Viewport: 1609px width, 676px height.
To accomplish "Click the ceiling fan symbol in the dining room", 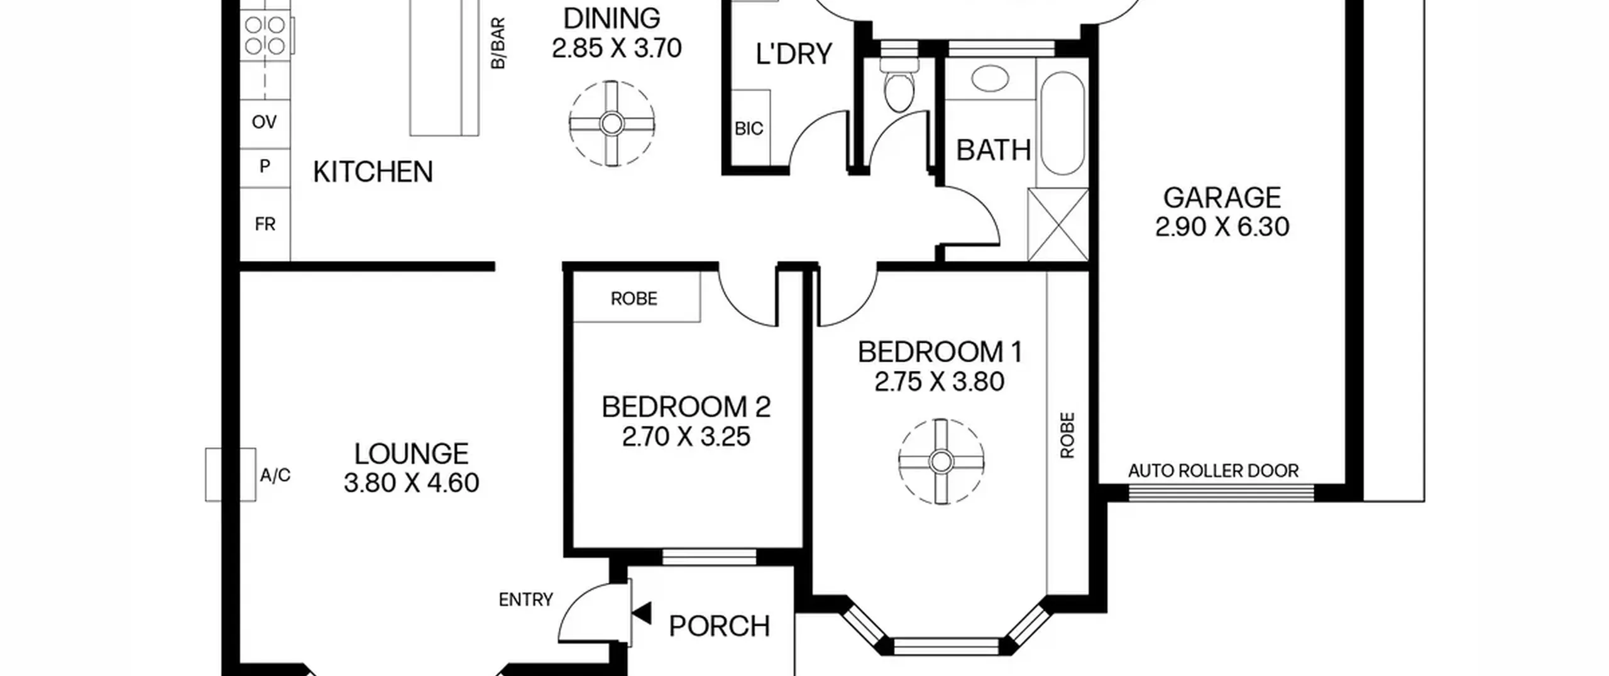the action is tap(612, 124).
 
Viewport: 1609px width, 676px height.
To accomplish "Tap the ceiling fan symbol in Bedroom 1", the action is tap(941, 462).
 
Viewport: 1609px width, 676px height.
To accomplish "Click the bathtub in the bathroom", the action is tap(1063, 123).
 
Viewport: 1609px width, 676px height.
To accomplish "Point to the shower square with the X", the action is tap(1058, 224).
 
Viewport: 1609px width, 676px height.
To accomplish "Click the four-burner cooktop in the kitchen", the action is tap(265, 35).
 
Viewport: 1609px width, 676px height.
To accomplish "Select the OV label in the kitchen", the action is tap(264, 122).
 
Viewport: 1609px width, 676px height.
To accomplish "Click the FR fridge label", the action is tap(265, 224).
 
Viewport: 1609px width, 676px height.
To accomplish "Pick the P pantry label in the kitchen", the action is tap(265, 166).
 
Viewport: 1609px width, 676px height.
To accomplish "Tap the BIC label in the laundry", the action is tap(749, 129).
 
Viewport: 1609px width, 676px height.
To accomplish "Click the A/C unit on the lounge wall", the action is tap(230, 474).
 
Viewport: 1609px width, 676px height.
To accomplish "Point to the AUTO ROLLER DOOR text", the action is tap(1213, 471).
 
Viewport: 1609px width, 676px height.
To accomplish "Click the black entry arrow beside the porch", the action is tap(642, 613).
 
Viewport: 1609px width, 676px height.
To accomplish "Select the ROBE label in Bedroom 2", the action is tap(634, 299).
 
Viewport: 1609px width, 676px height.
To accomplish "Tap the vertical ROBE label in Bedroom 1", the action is tap(1067, 435).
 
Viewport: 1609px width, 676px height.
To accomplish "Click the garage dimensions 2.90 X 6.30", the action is tap(1222, 227).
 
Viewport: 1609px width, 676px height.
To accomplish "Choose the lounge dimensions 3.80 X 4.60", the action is tap(412, 483).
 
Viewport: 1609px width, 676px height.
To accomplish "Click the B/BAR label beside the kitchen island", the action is tap(497, 43).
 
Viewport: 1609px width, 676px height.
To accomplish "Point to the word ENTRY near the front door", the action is tap(525, 600).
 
